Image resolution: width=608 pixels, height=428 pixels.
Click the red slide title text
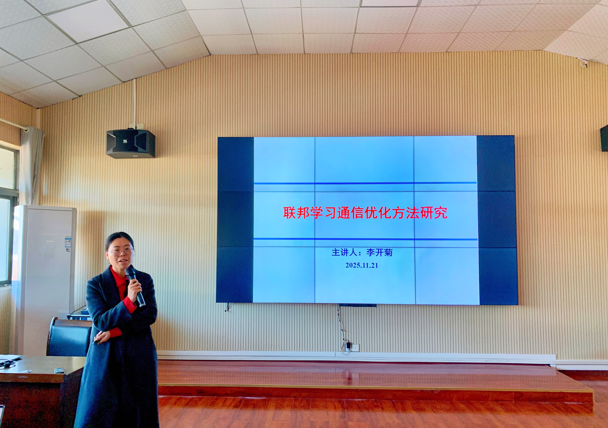point(365,213)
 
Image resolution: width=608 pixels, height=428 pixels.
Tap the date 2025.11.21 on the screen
point(362,265)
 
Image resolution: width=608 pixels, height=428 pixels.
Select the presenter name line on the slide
point(362,252)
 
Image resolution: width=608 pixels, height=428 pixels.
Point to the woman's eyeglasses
point(121,251)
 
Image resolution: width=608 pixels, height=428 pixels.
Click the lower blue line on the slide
point(365,239)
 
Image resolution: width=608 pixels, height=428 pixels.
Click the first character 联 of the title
point(290,213)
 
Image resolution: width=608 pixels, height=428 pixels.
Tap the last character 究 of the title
point(441,213)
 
